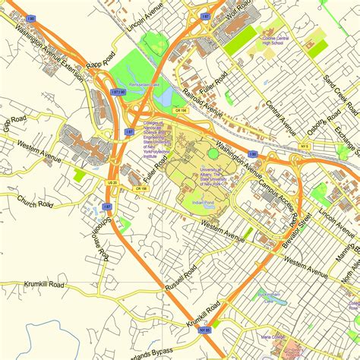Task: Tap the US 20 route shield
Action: (x=112, y=182)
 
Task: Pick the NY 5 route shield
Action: (x=305, y=145)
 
